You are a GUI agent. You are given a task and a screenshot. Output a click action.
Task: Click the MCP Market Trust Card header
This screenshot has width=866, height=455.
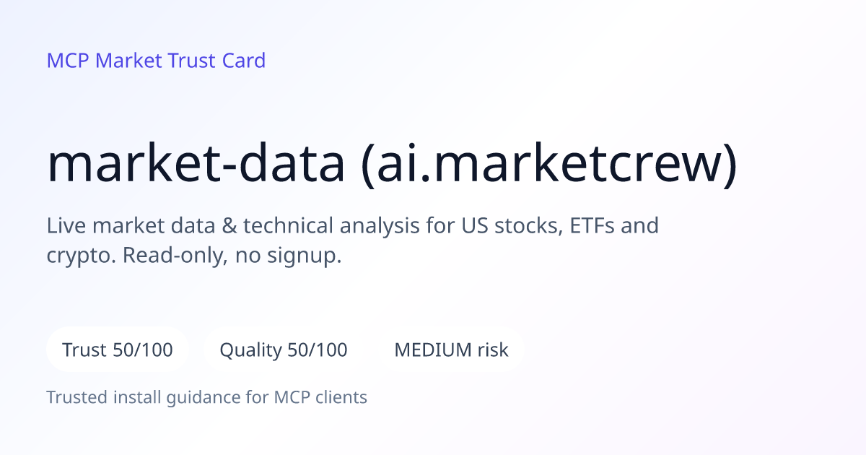156,61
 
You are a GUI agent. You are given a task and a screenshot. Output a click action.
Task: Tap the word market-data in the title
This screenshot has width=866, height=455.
196,163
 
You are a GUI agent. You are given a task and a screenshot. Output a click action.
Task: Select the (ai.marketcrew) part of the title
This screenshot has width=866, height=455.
549,165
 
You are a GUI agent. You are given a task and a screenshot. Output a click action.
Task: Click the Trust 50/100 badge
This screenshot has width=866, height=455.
118,350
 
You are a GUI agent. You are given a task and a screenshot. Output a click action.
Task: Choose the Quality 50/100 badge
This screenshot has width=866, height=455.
284,350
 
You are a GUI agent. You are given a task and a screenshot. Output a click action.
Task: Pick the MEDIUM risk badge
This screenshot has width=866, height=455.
451,350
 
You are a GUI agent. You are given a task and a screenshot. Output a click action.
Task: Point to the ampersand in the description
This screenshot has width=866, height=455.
229,225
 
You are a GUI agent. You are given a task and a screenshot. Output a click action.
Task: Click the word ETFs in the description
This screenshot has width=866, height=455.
592,225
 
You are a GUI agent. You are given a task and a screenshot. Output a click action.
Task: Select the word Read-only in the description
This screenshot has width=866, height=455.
175,256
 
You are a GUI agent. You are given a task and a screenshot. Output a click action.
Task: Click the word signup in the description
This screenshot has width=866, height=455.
305,256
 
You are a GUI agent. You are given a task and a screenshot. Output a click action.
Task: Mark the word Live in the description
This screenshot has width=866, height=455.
66,225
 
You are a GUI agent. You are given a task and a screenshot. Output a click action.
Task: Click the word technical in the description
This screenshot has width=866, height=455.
288,225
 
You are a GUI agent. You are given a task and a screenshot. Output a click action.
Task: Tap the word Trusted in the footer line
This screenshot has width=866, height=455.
77,397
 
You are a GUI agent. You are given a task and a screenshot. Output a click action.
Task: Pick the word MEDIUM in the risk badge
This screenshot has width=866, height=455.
433,350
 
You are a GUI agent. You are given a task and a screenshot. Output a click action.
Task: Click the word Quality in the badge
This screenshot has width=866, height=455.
251,350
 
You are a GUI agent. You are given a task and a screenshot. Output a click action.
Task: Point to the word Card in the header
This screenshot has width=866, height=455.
244,61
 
